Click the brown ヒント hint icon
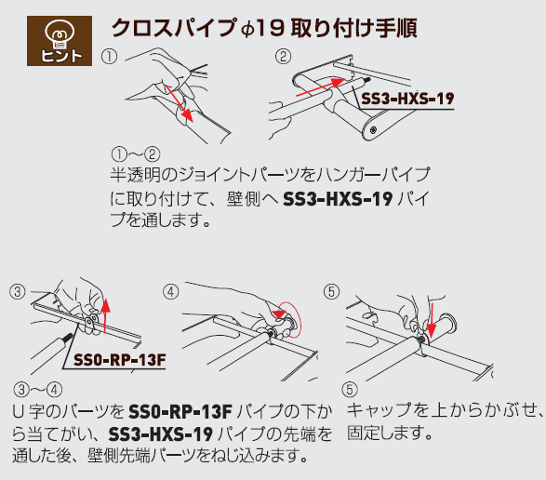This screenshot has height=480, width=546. tap(60, 41)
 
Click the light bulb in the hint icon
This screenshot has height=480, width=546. tap(60, 33)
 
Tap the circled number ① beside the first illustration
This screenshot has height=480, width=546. tap(109, 57)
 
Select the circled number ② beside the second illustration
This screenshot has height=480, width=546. tap(283, 57)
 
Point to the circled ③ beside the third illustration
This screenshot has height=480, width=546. tap(18, 291)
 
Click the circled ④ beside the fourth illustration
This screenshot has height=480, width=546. tap(170, 291)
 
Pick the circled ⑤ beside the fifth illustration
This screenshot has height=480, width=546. tap(331, 291)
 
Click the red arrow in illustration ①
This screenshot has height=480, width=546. tap(179, 104)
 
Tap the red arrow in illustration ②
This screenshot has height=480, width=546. tap(320, 87)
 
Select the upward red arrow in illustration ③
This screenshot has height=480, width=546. tap(105, 315)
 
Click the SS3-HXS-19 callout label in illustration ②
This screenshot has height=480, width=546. tap(407, 99)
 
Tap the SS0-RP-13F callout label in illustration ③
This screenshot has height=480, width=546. tap(119, 360)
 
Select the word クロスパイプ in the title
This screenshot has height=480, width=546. tap(173, 28)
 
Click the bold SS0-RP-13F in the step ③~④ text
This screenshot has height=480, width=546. tap(180, 412)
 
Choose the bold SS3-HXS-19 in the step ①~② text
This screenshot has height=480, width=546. tap(338, 199)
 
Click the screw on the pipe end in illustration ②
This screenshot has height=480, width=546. tap(373, 130)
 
